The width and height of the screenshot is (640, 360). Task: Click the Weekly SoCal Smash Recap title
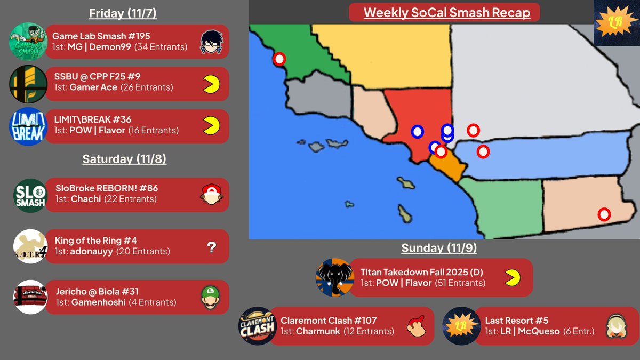pos(447,12)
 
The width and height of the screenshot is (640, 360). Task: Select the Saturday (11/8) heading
pos(124,159)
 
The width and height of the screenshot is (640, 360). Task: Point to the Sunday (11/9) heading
pos(439,247)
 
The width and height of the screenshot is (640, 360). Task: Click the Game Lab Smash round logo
pos(28,42)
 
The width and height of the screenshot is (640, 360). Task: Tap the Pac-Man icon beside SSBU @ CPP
pos(211,84)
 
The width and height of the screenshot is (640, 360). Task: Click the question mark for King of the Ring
pos(212,246)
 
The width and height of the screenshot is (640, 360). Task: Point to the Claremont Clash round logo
pos(257,326)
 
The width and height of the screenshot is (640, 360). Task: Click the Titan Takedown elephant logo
pos(334,277)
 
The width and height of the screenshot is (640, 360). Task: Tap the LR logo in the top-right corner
pos(617,23)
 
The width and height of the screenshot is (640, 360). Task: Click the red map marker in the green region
pos(279,59)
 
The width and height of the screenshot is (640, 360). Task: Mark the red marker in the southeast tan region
pos(604,214)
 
